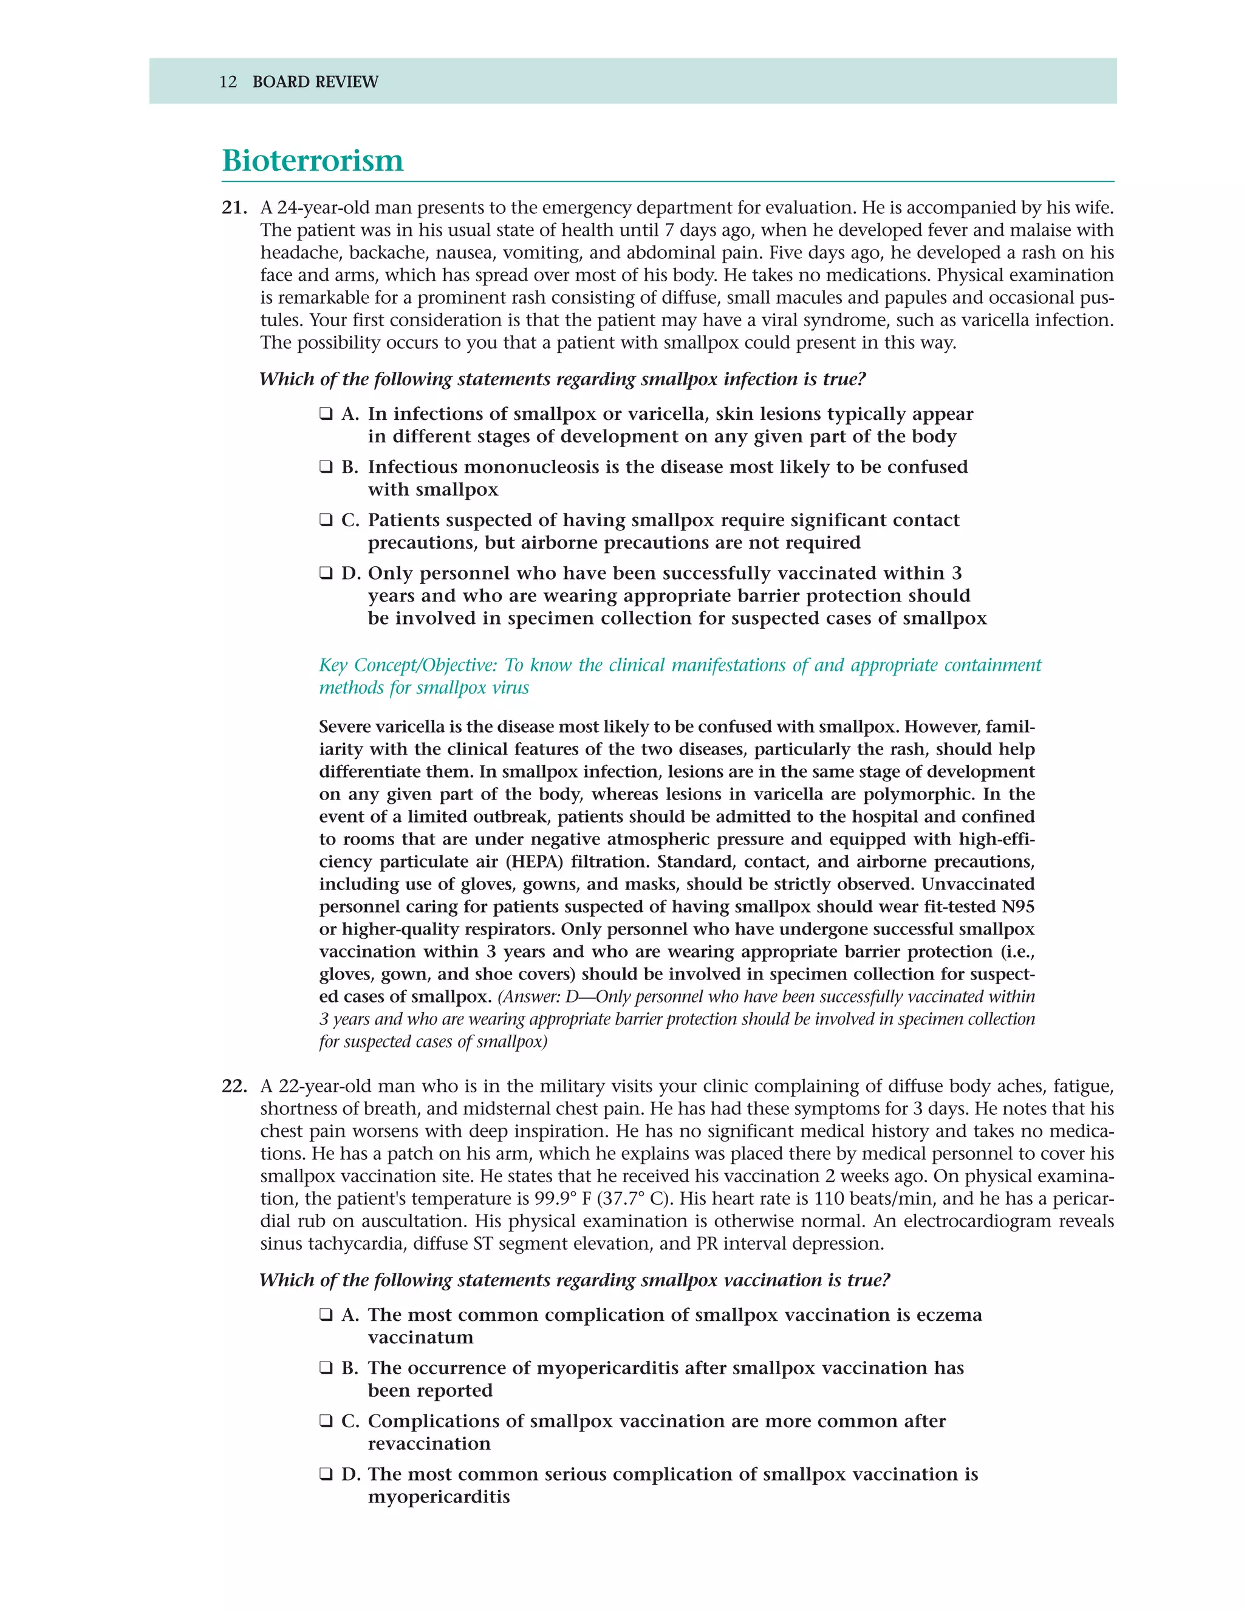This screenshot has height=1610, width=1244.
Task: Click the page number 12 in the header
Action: [228, 82]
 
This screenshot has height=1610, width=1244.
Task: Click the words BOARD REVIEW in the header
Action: [315, 82]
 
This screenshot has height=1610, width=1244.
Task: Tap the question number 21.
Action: [234, 208]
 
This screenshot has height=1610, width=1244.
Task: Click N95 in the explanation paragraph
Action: [1017, 906]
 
